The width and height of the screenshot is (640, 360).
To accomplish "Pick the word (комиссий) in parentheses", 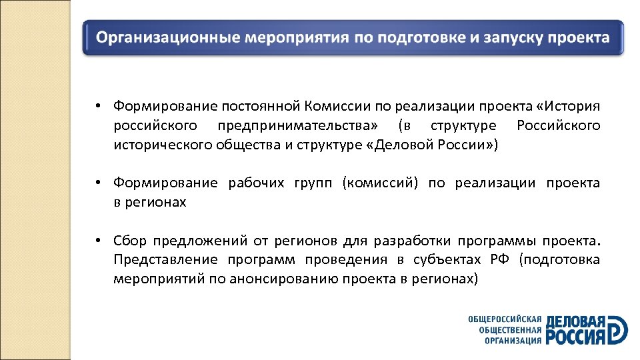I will click(x=380, y=183).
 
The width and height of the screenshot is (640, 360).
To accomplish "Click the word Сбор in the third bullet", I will click(x=129, y=241).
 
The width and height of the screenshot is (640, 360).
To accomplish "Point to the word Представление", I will click(x=160, y=259).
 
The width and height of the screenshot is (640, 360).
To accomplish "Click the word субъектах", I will click(x=449, y=259).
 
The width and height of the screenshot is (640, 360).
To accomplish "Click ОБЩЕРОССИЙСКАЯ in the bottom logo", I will click(x=505, y=319).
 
